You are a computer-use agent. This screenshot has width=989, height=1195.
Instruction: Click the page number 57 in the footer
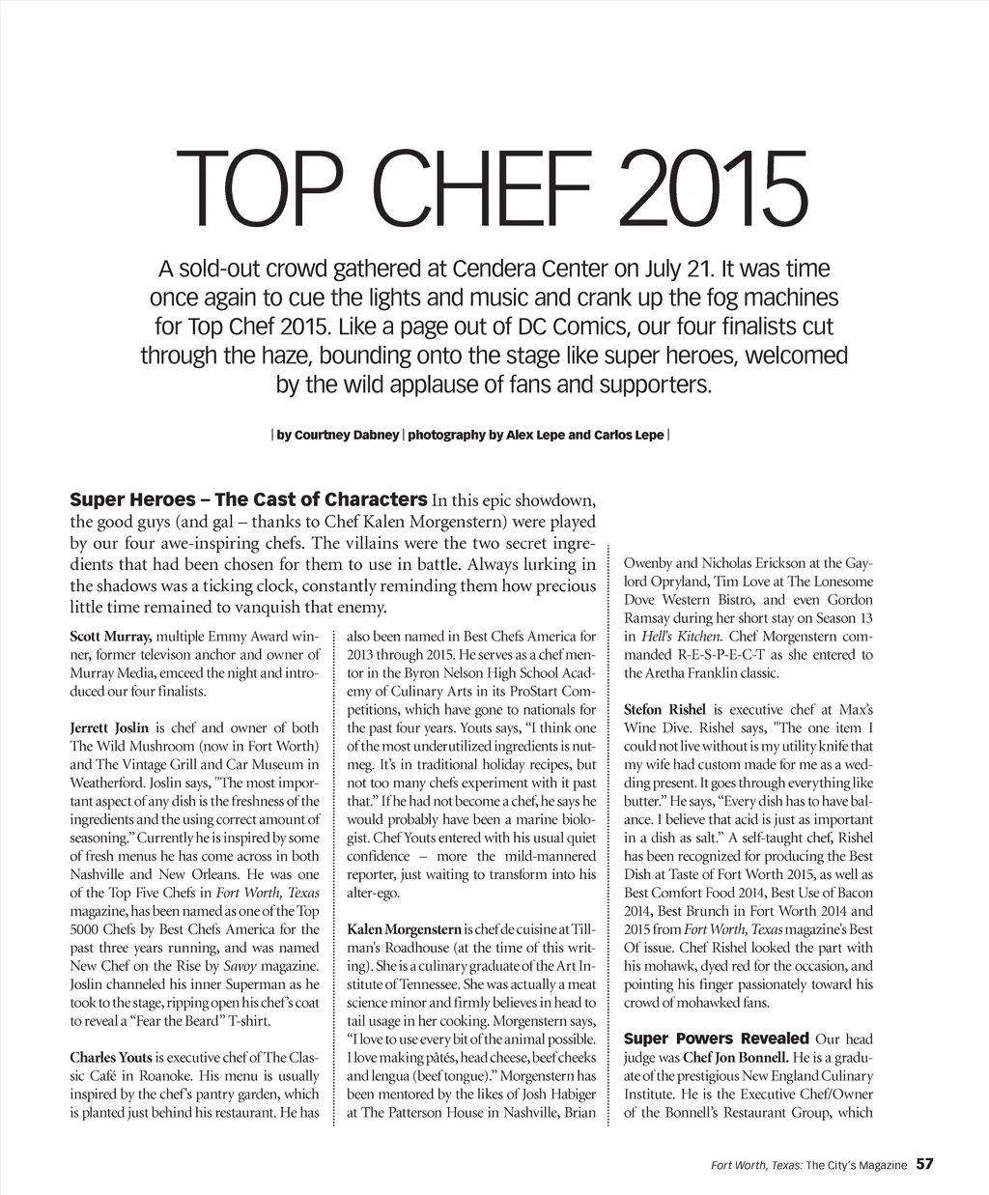(x=925, y=1164)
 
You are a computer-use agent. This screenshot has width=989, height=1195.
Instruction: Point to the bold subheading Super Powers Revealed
(x=717, y=1039)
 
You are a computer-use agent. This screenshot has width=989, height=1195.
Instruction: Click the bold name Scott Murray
(x=110, y=637)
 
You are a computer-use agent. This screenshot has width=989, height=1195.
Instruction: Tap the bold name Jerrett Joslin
(x=109, y=727)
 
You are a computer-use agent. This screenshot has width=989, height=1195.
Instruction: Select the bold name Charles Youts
(x=111, y=1057)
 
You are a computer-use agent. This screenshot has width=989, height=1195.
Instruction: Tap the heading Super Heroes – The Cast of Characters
(x=248, y=499)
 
